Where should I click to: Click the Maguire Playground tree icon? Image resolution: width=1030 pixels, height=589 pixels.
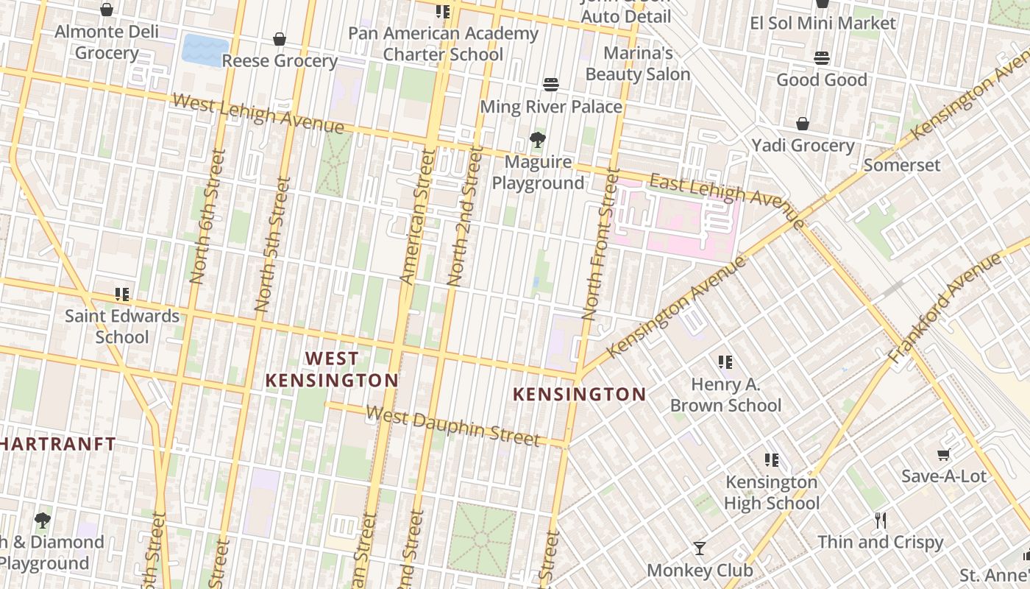tap(538, 139)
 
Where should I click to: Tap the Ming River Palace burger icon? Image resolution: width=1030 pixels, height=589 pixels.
tap(550, 84)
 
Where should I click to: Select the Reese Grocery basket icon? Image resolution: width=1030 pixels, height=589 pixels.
tap(280, 38)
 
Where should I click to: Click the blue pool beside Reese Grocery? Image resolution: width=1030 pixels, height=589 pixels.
tap(205, 50)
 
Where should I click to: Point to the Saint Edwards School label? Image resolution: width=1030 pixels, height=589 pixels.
tap(122, 326)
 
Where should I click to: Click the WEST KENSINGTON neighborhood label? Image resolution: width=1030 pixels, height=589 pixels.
tap(332, 370)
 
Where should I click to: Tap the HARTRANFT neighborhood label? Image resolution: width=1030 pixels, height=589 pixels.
tap(57, 444)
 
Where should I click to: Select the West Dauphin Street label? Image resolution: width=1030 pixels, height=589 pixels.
tap(452, 426)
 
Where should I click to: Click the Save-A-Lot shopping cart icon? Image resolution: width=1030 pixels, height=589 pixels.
tap(943, 455)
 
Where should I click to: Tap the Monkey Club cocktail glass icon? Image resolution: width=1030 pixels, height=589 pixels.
tap(699, 548)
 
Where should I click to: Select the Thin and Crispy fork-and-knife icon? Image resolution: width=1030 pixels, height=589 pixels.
tap(880, 521)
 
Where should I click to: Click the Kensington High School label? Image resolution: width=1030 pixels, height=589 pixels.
tap(771, 493)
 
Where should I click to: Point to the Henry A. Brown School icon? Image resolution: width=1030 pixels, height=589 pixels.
tap(725, 361)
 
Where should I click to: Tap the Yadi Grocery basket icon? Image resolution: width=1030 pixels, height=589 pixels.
tap(803, 124)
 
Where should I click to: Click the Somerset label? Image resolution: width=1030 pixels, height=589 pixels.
tap(902, 165)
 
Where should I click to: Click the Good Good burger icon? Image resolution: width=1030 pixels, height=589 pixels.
tap(822, 57)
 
